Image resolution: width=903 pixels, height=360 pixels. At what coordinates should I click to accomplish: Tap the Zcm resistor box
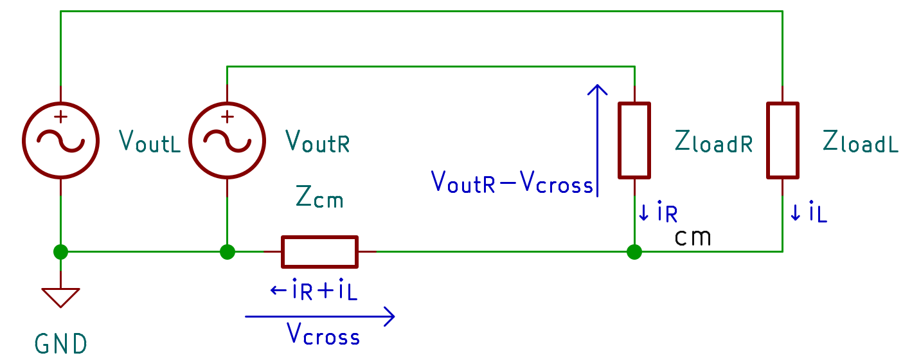coord(319,251)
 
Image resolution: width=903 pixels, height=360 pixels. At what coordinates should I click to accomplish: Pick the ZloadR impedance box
coord(634,139)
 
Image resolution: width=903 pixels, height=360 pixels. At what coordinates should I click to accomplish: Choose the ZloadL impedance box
coord(782,139)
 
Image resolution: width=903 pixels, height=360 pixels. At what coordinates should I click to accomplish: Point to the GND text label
coord(61,345)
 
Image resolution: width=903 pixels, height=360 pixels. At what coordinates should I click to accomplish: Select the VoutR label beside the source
coord(317,141)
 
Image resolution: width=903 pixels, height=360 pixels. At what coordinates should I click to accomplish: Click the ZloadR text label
coord(713,142)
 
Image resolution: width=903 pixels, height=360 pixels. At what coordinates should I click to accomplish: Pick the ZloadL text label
coord(861,142)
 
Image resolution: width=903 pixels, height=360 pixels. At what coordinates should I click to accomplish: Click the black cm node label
coord(693,238)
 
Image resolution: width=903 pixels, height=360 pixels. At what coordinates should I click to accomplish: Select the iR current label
coord(659,213)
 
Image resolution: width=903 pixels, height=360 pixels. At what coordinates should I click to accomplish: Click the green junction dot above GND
coord(60,251)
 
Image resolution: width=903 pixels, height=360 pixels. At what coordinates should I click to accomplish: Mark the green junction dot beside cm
coord(634,251)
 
